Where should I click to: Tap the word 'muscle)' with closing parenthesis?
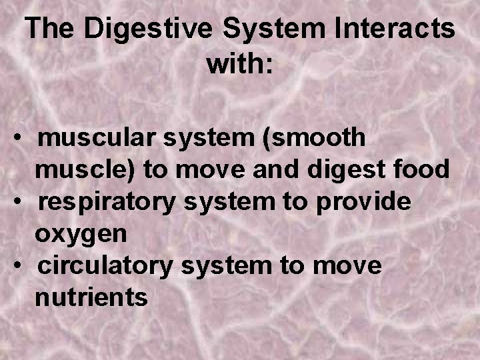pyautogui.click(x=86, y=170)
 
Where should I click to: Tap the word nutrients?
pyautogui.click(x=91, y=297)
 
